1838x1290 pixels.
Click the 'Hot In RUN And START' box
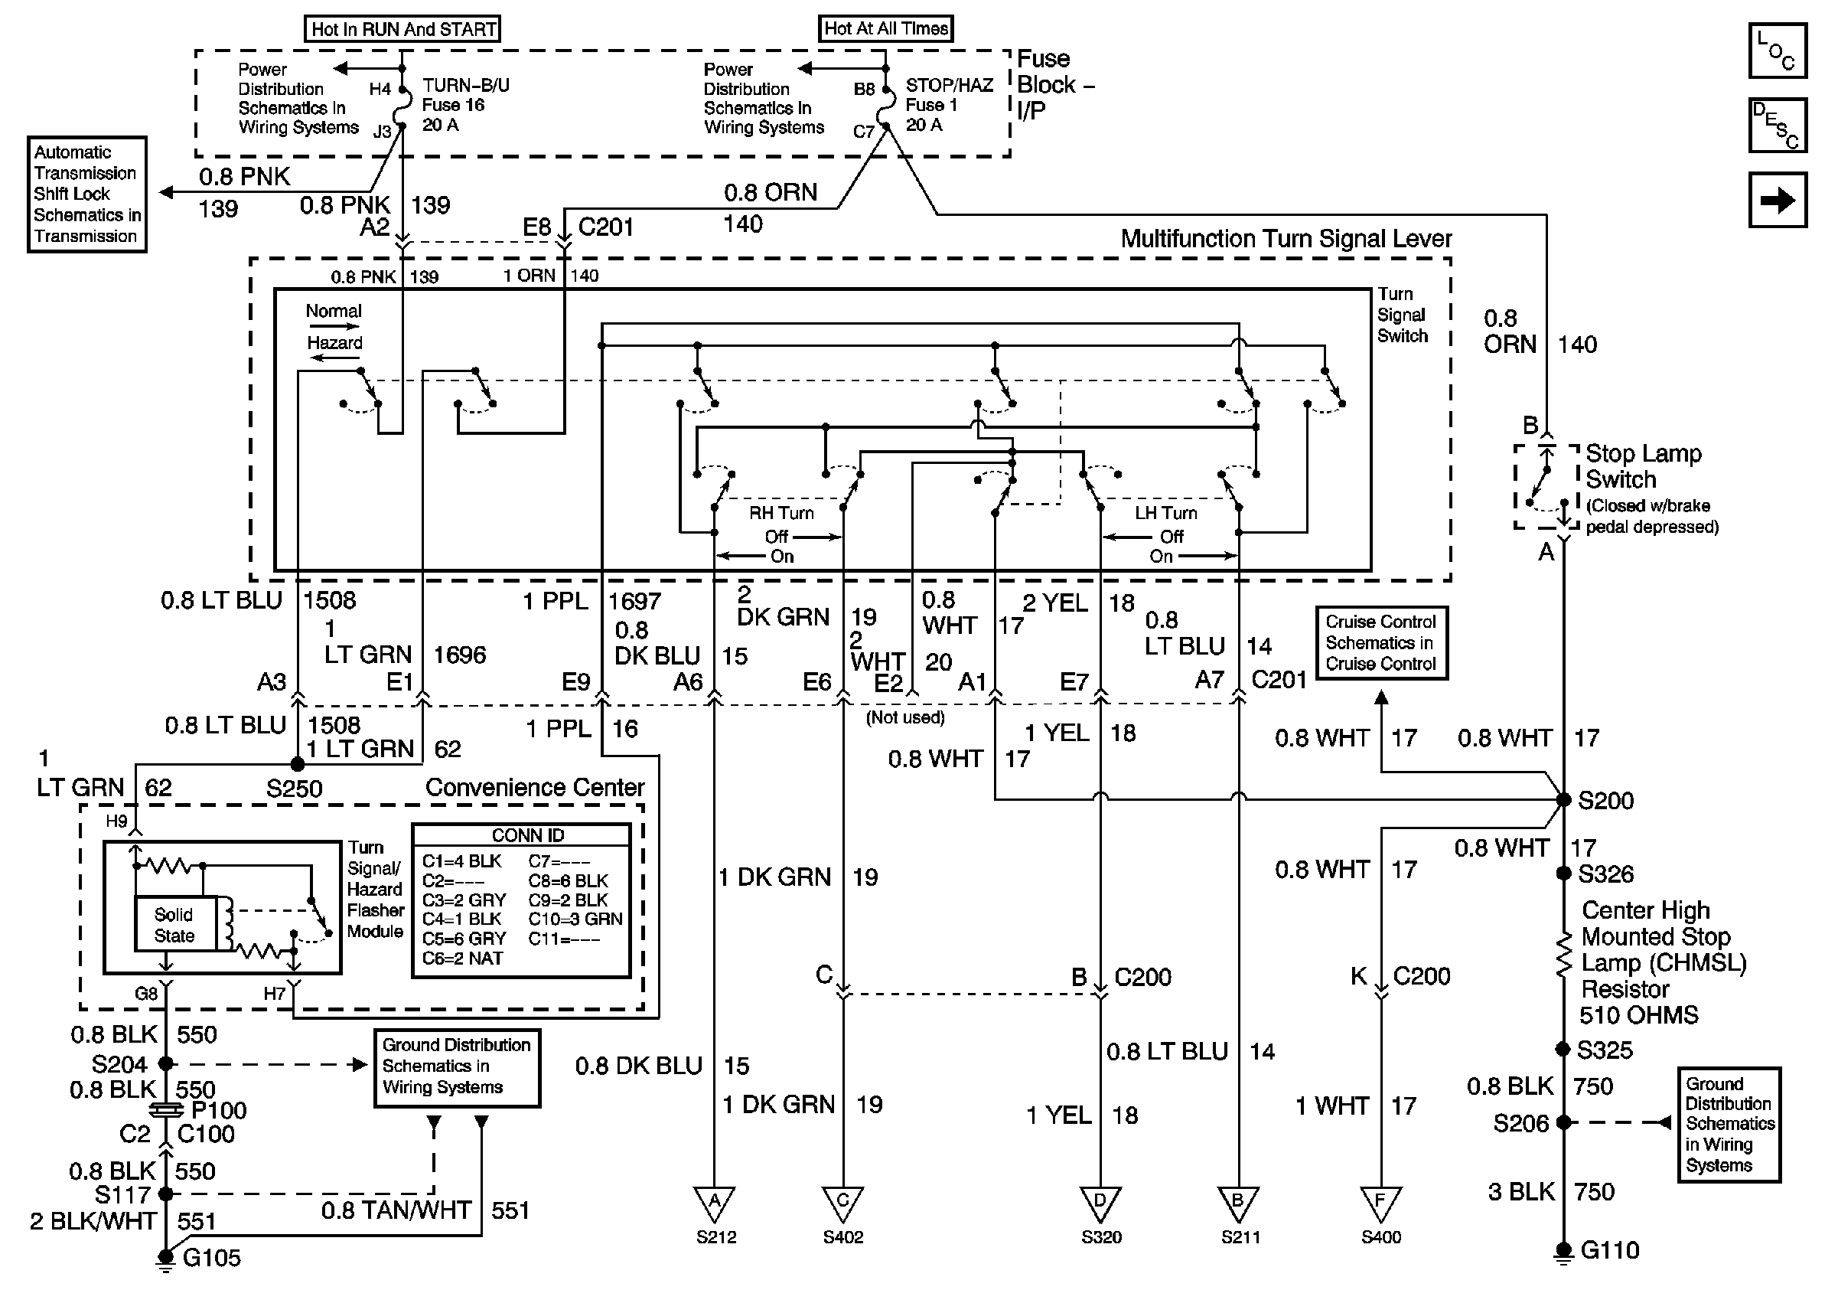[x=402, y=30]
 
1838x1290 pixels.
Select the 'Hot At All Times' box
[x=885, y=29]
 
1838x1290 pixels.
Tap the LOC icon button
[x=1777, y=51]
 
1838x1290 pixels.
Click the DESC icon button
[x=1777, y=126]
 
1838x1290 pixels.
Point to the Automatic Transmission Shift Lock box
[x=87, y=194]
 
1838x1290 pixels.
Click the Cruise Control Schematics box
[x=1381, y=643]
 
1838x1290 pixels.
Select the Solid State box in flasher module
[x=174, y=925]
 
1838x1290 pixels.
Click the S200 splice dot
[x=1563, y=799]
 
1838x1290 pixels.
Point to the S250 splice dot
[x=297, y=765]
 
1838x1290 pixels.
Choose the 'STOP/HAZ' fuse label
[x=949, y=85]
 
